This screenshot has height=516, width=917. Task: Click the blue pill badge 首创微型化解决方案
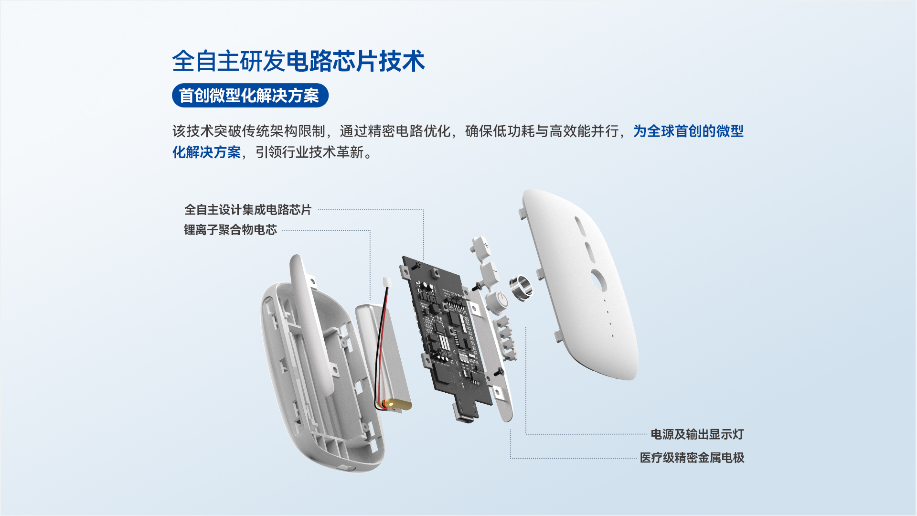pyautogui.click(x=250, y=96)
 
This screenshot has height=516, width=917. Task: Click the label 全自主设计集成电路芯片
pyautogui.click(x=248, y=210)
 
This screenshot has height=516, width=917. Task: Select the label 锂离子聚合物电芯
pyautogui.click(x=231, y=230)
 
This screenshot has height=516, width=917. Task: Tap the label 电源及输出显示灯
pyautogui.click(x=697, y=434)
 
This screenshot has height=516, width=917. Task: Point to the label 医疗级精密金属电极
pyautogui.click(x=692, y=458)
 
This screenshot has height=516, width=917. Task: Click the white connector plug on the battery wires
pyautogui.click(x=387, y=282)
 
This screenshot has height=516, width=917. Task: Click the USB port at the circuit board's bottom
pyautogui.click(x=464, y=415)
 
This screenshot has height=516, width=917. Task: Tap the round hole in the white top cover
pyautogui.click(x=598, y=280)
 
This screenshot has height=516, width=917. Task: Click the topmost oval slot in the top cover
pyautogui.click(x=580, y=226)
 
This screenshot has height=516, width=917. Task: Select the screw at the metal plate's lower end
pyautogui.click(x=500, y=371)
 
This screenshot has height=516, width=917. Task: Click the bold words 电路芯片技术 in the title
pyautogui.click(x=355, y=62)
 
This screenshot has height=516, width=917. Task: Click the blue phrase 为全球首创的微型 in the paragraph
pyautogui.click(x=689, y=131)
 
